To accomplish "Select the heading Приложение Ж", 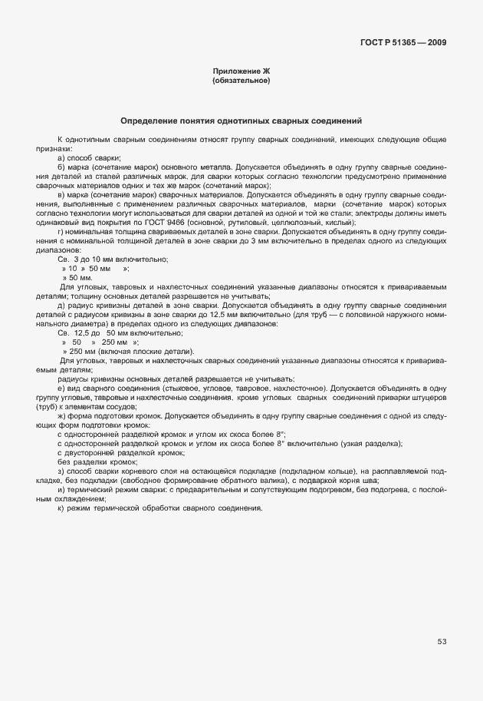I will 241,71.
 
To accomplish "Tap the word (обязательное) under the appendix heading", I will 241,81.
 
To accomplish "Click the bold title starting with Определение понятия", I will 242,121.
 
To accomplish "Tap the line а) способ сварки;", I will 84,157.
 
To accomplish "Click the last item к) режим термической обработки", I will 160,508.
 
